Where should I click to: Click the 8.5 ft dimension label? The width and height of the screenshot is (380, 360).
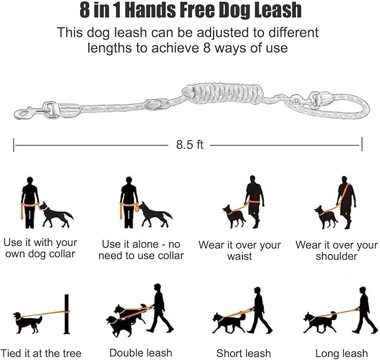[x=189, y=145]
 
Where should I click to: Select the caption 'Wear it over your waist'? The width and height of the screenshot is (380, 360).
[x=240, y=250]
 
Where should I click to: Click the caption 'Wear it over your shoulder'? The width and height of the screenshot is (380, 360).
[x=336, y=250]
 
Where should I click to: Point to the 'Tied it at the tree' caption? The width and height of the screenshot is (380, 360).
[x=42, y=353]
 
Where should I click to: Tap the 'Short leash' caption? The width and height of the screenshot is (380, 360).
[x=243, y=353]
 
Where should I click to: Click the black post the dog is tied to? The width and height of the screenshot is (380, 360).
[x=66, y=314]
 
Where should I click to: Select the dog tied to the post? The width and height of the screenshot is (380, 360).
[x=28, y=322]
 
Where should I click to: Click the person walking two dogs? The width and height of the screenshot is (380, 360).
[x=158, y=308]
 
